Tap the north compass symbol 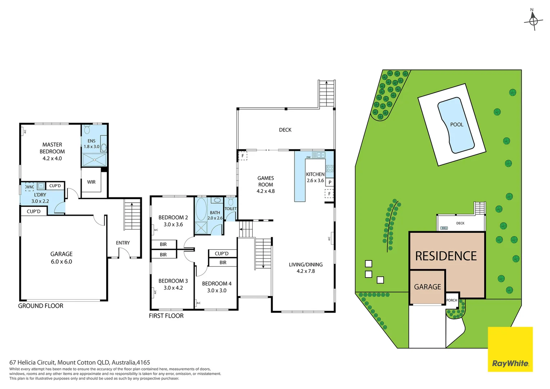point(533,21)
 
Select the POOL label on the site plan point(456,125)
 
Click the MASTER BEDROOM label point(52,148)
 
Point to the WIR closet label point(91,182)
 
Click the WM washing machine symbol point(30,187)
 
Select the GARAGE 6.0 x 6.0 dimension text point(61,262)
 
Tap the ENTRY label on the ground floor point(123,243)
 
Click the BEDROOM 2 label point(173,218)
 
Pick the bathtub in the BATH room point(201,209)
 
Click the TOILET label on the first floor point(231,209)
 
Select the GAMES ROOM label point(266,181)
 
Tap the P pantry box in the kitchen point(330,182)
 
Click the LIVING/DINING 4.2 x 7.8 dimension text point(306,271)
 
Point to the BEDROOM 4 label point(217,283)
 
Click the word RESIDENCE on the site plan point(446,256)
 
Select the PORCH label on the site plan point(452,300)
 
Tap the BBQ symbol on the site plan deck point(444,228)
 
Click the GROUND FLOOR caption point(41,306)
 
